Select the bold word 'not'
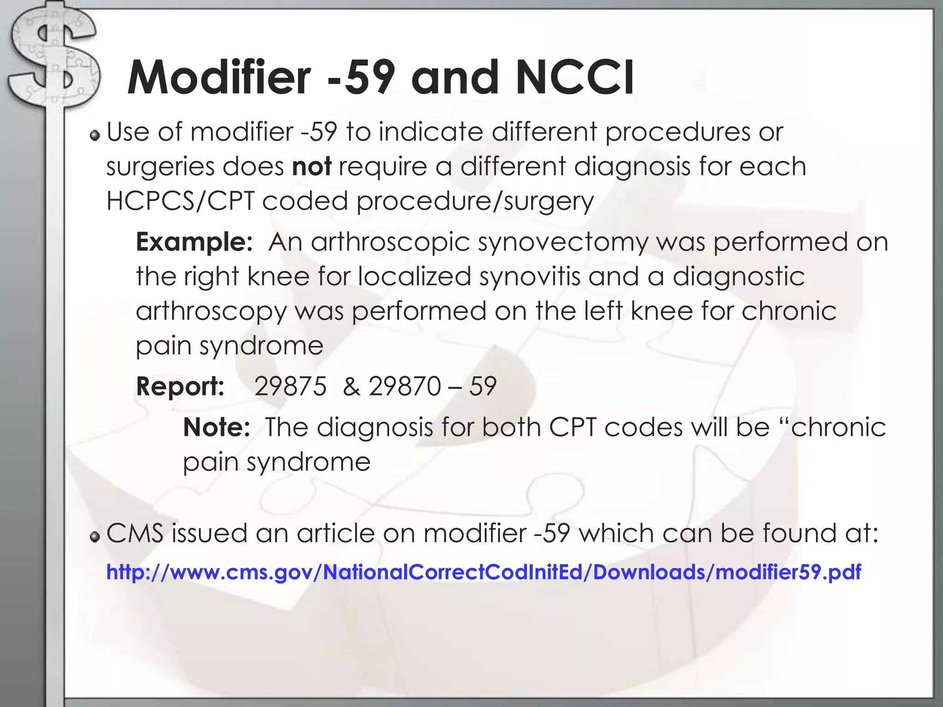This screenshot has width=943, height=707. (x=312, y=166)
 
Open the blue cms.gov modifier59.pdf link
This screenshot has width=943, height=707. (x=483, y=572)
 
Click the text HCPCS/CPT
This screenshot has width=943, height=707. (x=180, y=201)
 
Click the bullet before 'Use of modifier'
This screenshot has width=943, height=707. (x=95, y=135)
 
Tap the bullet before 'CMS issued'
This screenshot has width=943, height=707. (x=95, y=537)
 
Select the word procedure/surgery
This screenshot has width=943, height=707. (x=475, y=201)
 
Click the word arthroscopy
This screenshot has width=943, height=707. (x=211, y=311)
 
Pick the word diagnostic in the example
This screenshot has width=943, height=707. (x=738, y=276)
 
